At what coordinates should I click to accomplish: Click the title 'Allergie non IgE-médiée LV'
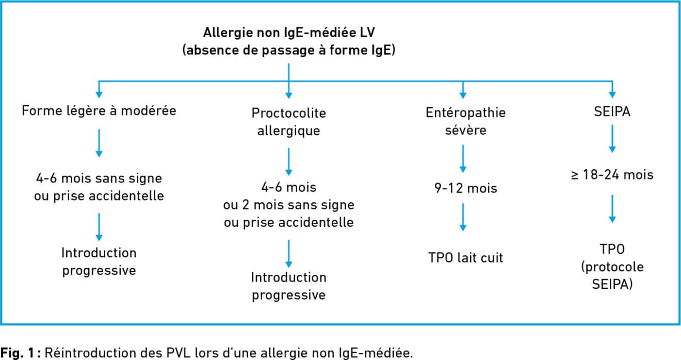click(x=289, y=32)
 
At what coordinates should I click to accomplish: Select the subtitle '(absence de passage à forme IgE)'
click(x=289, y=50)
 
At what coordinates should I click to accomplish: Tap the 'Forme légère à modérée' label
click(x=99, y=110)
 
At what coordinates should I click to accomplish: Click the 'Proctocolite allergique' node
click(x=289, y=122)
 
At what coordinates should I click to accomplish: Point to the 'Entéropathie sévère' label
click(x=465, y=121)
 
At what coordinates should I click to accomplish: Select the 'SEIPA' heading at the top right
click(x=612, y=111)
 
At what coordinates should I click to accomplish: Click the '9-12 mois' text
click(x=465, y=188)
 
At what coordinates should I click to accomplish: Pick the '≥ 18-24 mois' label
click(x=612, y=175)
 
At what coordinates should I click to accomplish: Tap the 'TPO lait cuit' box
click(x=465, y=257)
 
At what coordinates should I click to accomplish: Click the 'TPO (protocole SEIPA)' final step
click(x=612, y=267)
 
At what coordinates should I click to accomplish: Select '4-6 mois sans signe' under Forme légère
click(x=99, y=178)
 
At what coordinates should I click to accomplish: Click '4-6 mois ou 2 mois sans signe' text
click(x=289, y=196)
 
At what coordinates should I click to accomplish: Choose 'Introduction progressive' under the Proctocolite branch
click(x=289, y=286)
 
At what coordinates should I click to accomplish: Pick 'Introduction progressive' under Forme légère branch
click(x=99, y=261)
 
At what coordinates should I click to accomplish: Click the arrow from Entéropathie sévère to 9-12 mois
click(x=463, y=158)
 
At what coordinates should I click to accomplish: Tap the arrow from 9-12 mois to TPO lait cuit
click(x=463, y=217)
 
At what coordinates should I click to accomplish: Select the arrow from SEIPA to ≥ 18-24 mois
click(x=612, y=138)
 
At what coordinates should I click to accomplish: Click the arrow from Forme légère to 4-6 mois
click(x=99, y=143)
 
